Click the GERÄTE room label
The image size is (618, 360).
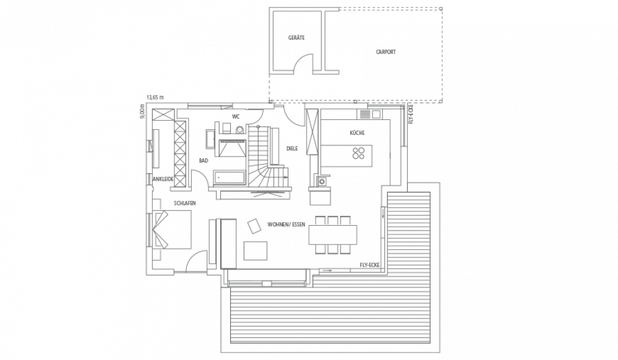coord(296,38)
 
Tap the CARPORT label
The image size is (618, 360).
coord(386,52)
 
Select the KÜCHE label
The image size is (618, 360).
coord(357,133)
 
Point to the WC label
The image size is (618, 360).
coord(236,117)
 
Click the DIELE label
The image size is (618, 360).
coord(292,148)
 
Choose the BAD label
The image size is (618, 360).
coord(204,161)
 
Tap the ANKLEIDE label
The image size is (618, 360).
coord(163,179)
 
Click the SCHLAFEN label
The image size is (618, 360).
coord(185,203)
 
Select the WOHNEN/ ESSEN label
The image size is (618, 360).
coord(286,225)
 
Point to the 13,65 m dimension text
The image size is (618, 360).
coord(155,97)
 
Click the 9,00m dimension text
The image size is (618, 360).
coord(143,111)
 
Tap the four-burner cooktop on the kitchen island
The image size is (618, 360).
coord(359,153)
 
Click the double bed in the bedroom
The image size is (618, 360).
coord(172,230)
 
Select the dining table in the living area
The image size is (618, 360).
coord(333,234)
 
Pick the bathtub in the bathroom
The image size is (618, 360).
coord(230,177)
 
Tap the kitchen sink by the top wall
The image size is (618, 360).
coord(369,114)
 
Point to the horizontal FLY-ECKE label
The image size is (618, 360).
coord(370,265)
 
